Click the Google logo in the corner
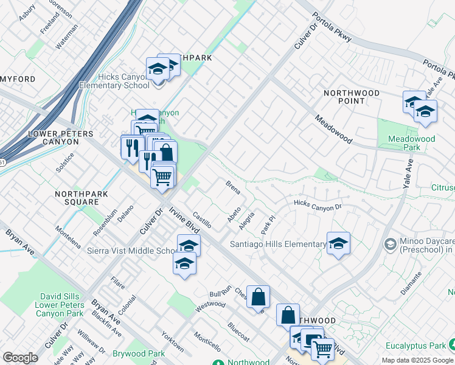pyautogui.click(x=20, y=358)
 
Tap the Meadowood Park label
pyautogui.click(x=412, y=143)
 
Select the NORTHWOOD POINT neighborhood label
pyautogui.click(x=352, y=97)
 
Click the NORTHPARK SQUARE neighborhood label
pyautogui.click(x=77, y=198)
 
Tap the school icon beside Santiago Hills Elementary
pyautogui.click(x=338, y=244)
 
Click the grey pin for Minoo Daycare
pyautogui.click(x=390, y=244)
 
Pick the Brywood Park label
pyautogui.click(x=138, y=353)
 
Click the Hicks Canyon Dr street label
pyautogui.click(x=318, y=206)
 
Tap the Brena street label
pyautogui.click(x=233, y=187)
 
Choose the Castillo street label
pyautogui.click(x=201, y=220)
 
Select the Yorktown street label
pyautogui.click(x=172, y=342)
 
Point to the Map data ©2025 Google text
pyautogui.click(x=417, y=360)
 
